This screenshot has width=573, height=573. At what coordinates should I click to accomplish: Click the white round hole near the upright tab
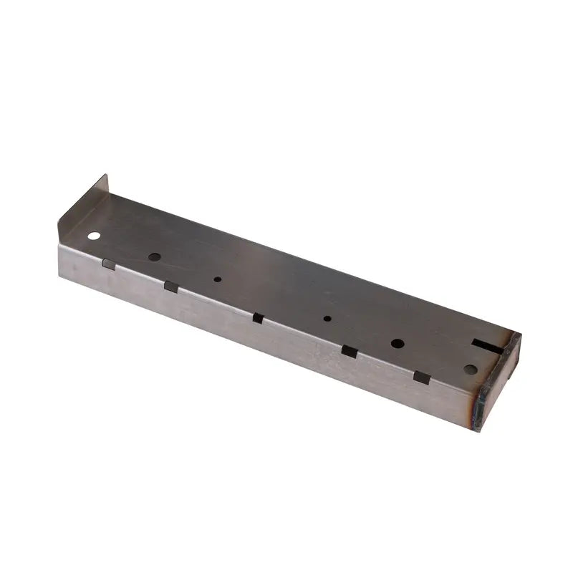(x=94, y=235)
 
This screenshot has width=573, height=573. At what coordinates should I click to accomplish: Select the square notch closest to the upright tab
(x=108, y=264)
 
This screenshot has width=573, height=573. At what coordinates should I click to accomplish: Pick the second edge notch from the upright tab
(x=171, y=286)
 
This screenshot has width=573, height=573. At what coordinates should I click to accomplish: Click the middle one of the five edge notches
(x=258, y=318)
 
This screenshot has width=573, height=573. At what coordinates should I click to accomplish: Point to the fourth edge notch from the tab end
(x=349, y=351)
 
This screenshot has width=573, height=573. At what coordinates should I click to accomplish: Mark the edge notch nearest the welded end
(x=422, y=377)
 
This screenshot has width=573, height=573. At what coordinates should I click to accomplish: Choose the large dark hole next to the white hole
(x=154, y=256)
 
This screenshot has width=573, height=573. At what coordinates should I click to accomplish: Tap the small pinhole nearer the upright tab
(x=218, y=279)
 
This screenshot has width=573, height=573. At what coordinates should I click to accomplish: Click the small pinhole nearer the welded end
(x=327, y=319)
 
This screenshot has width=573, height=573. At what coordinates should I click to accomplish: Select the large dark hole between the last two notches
(x=397, y=343)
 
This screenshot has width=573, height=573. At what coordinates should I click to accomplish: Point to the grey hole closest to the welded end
(x=470, y=370)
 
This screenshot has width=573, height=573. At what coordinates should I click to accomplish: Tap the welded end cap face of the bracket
(x=500, y=383)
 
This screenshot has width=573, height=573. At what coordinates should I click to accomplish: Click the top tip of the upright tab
(x=106, y=175)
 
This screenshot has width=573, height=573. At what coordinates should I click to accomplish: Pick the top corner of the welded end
(x=519, y=334)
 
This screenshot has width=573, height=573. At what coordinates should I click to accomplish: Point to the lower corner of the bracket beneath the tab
(x=60, y=276)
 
